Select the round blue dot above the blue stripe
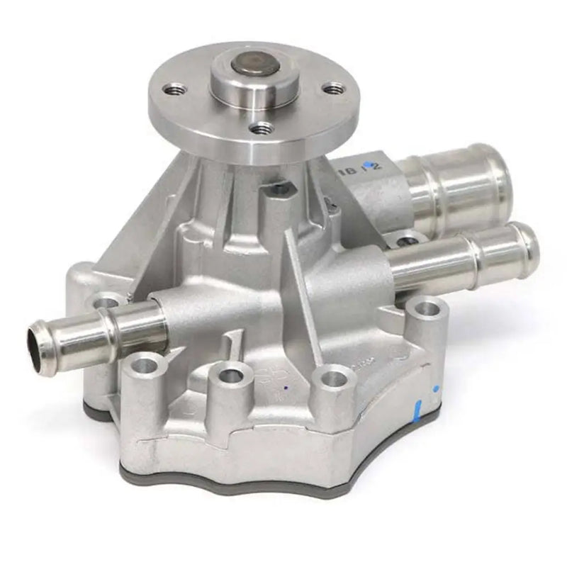435,388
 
